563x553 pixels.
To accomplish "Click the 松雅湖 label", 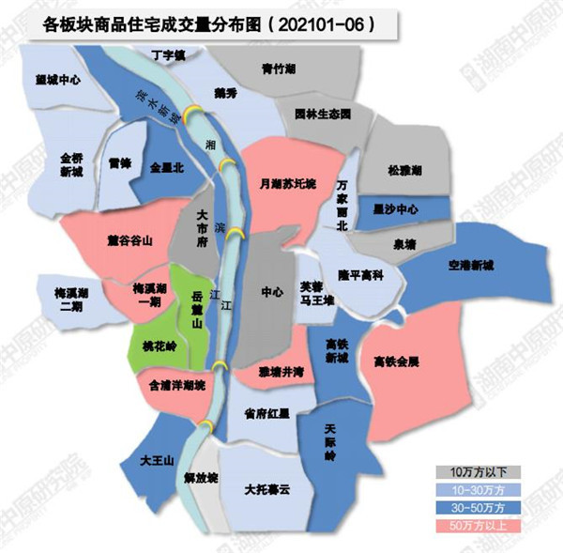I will tap(404, 172).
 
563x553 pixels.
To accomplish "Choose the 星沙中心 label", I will tap(395, 208).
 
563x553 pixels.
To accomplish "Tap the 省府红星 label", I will tap(266, 412).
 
